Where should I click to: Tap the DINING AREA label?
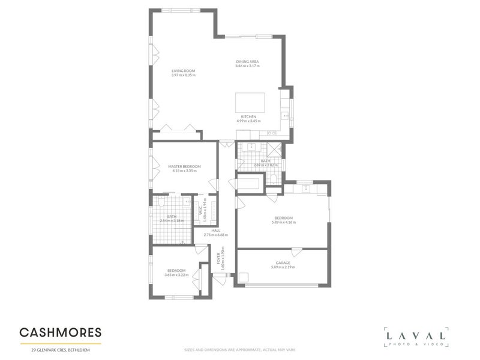tap(247, 61)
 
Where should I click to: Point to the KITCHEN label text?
tap(248, 116)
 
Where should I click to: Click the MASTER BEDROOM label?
tap(184, 166)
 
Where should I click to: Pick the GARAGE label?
tap(283, 263)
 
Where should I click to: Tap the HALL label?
tap(215, 230)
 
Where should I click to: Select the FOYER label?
tap(218, 260)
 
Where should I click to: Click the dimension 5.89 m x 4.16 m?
tap(283, 223)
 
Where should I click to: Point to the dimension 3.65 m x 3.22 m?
tap(176, 275)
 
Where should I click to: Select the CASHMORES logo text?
tap(60, 332)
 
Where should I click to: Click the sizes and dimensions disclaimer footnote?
tap(239, 350)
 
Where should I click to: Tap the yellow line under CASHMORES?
tap(60, 343)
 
